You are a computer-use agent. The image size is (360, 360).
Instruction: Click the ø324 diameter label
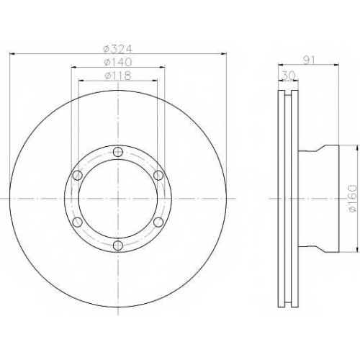118,49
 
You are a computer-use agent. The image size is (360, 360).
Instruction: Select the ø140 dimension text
118,63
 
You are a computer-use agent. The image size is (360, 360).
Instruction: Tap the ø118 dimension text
118,76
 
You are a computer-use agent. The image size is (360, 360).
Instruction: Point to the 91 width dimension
308,60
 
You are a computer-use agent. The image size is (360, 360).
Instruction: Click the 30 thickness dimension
288,76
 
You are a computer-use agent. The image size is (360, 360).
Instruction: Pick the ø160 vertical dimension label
352,198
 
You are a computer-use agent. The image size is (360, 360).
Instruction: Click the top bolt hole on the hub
118,152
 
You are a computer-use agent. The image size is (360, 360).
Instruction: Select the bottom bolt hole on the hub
118,246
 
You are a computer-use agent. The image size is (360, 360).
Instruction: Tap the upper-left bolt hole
77,175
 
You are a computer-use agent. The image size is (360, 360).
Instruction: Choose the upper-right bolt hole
158,175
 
